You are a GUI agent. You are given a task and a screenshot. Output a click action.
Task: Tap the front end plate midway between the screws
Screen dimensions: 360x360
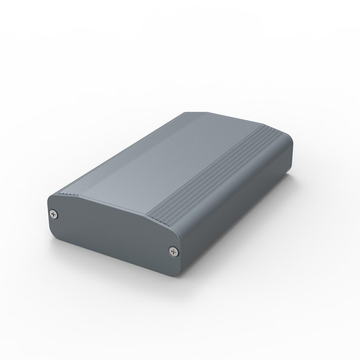(x=112, y=234)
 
